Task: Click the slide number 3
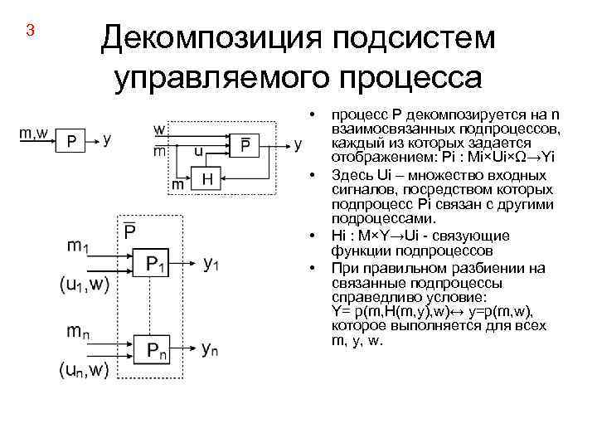click(30, 32)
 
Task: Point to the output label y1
click(211, 265)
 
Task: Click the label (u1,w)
click(84, 284)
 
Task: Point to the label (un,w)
click(84, 369)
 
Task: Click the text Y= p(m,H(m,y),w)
click(394, 309)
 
